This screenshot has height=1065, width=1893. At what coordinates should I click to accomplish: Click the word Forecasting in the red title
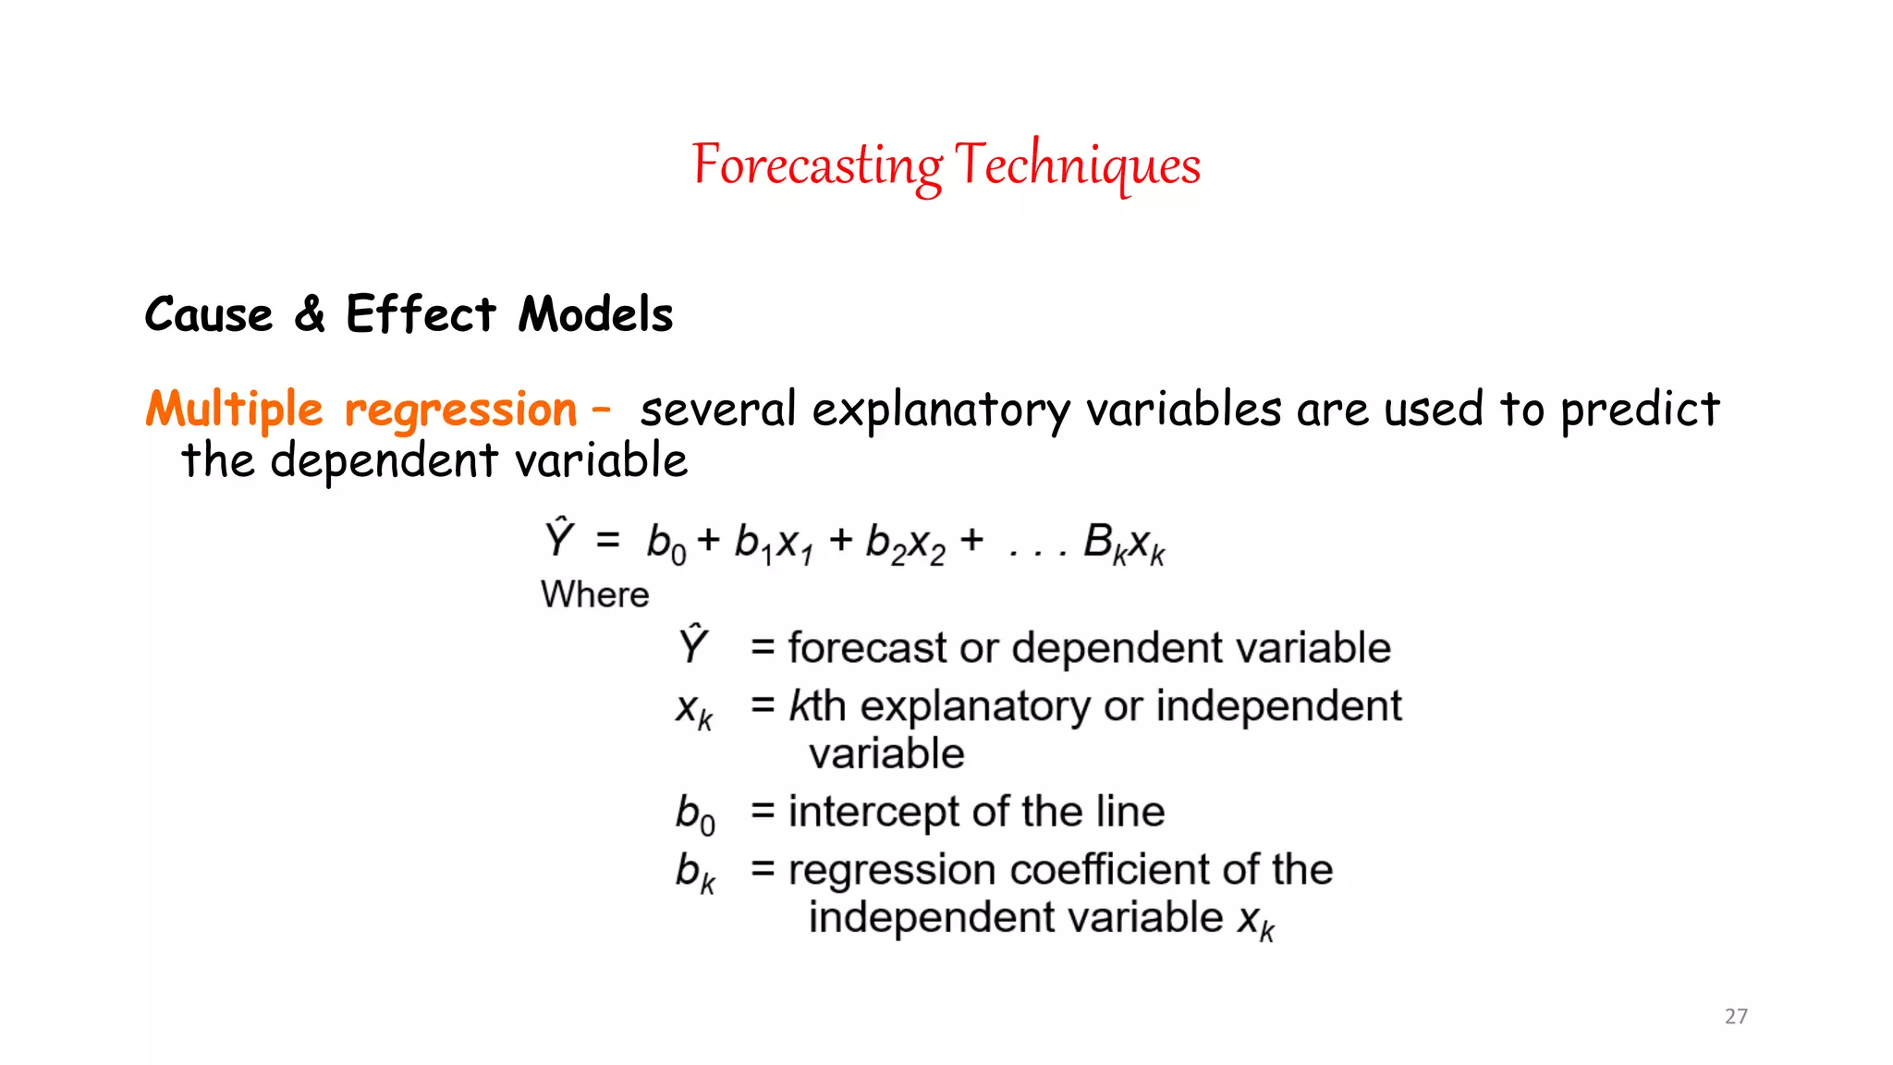click(x=817, y=166)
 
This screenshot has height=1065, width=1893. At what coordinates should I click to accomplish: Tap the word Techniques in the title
click(x=1078, y=166)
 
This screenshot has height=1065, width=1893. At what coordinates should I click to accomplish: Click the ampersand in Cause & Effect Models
click(x=310, y=313)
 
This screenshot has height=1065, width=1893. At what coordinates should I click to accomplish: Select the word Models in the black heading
click(x=595, y=314)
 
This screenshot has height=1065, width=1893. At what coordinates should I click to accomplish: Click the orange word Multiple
click(x=234, y=410)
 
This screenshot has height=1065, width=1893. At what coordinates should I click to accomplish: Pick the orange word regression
click(x=460, y=410)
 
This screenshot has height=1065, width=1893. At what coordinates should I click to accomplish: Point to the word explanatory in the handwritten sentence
click(x=941, y=410)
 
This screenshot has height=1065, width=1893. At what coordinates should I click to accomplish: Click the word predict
click(x=1640, y=410)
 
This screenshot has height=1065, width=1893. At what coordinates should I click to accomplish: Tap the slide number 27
click(x=1736, y=1016)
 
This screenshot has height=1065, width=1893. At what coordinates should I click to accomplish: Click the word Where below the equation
click(x=594, y=594)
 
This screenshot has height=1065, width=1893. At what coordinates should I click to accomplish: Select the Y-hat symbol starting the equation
click(x=559, y=539)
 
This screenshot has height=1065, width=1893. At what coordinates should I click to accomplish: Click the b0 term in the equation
click(x=666, y=544)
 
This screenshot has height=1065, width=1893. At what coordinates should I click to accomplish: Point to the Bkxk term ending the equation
click(x=1124, y=544)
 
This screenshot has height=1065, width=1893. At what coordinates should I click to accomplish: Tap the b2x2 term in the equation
click(x=905, y=544)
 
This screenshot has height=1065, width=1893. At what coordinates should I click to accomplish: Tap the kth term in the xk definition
click(x=817, y=706)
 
